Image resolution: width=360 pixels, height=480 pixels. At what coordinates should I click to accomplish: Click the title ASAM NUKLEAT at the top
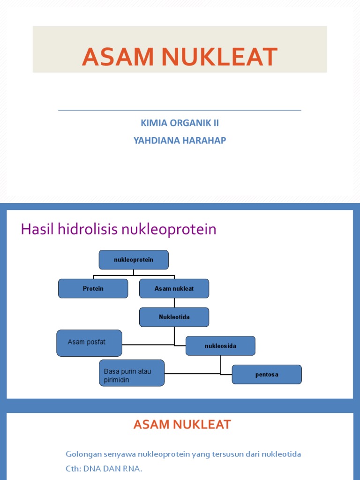[180, 57]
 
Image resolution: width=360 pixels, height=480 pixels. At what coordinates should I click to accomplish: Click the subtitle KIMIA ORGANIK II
[180, 123]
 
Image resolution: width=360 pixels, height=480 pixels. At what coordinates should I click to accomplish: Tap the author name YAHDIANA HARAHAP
[180, 140]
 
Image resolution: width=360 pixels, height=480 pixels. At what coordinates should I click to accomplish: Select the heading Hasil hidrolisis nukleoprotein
[119, 230]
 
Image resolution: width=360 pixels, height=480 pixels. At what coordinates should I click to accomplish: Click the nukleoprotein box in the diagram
[134, 260]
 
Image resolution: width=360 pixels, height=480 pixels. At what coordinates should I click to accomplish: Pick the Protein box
[93, 289]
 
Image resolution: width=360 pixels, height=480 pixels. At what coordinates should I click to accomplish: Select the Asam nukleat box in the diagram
[174, 289]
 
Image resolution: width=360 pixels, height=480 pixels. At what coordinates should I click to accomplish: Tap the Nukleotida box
[174, 317]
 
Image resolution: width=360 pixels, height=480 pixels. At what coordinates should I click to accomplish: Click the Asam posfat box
[89, 343]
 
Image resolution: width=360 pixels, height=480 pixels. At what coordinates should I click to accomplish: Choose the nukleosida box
[220, 346]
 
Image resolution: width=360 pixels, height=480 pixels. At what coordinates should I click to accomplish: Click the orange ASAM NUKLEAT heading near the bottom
[182, 425]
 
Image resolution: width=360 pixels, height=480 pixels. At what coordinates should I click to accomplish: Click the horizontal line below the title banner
[180, 111]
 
